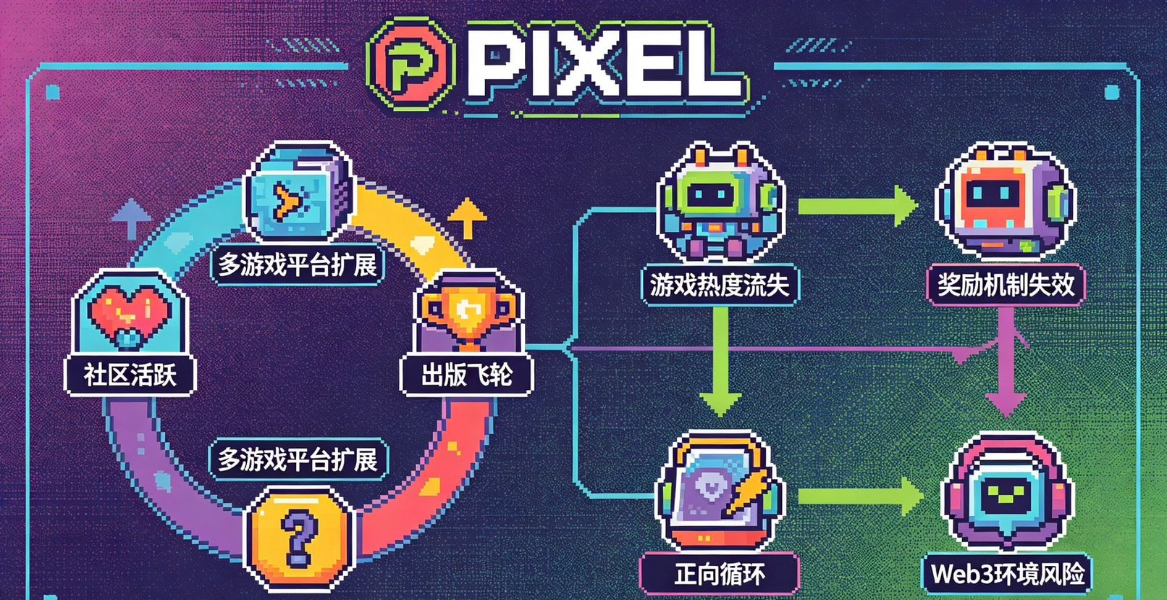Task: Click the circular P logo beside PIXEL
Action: click(410, 65)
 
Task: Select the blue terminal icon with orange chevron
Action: click(298, 193)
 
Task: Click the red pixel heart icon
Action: click(129, 312)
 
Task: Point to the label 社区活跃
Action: click(130, 375)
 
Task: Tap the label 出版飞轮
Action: click(467, 375)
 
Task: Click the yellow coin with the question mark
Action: click(299, 537)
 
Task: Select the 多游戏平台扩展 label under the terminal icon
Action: click(298, 265)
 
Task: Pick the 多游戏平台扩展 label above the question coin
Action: click(298, 459)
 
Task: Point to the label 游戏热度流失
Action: click(720, 285)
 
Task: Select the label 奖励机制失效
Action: click(1006, 285)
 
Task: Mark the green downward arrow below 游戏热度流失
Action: click(720, 362)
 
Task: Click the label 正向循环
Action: click(720, 575)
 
